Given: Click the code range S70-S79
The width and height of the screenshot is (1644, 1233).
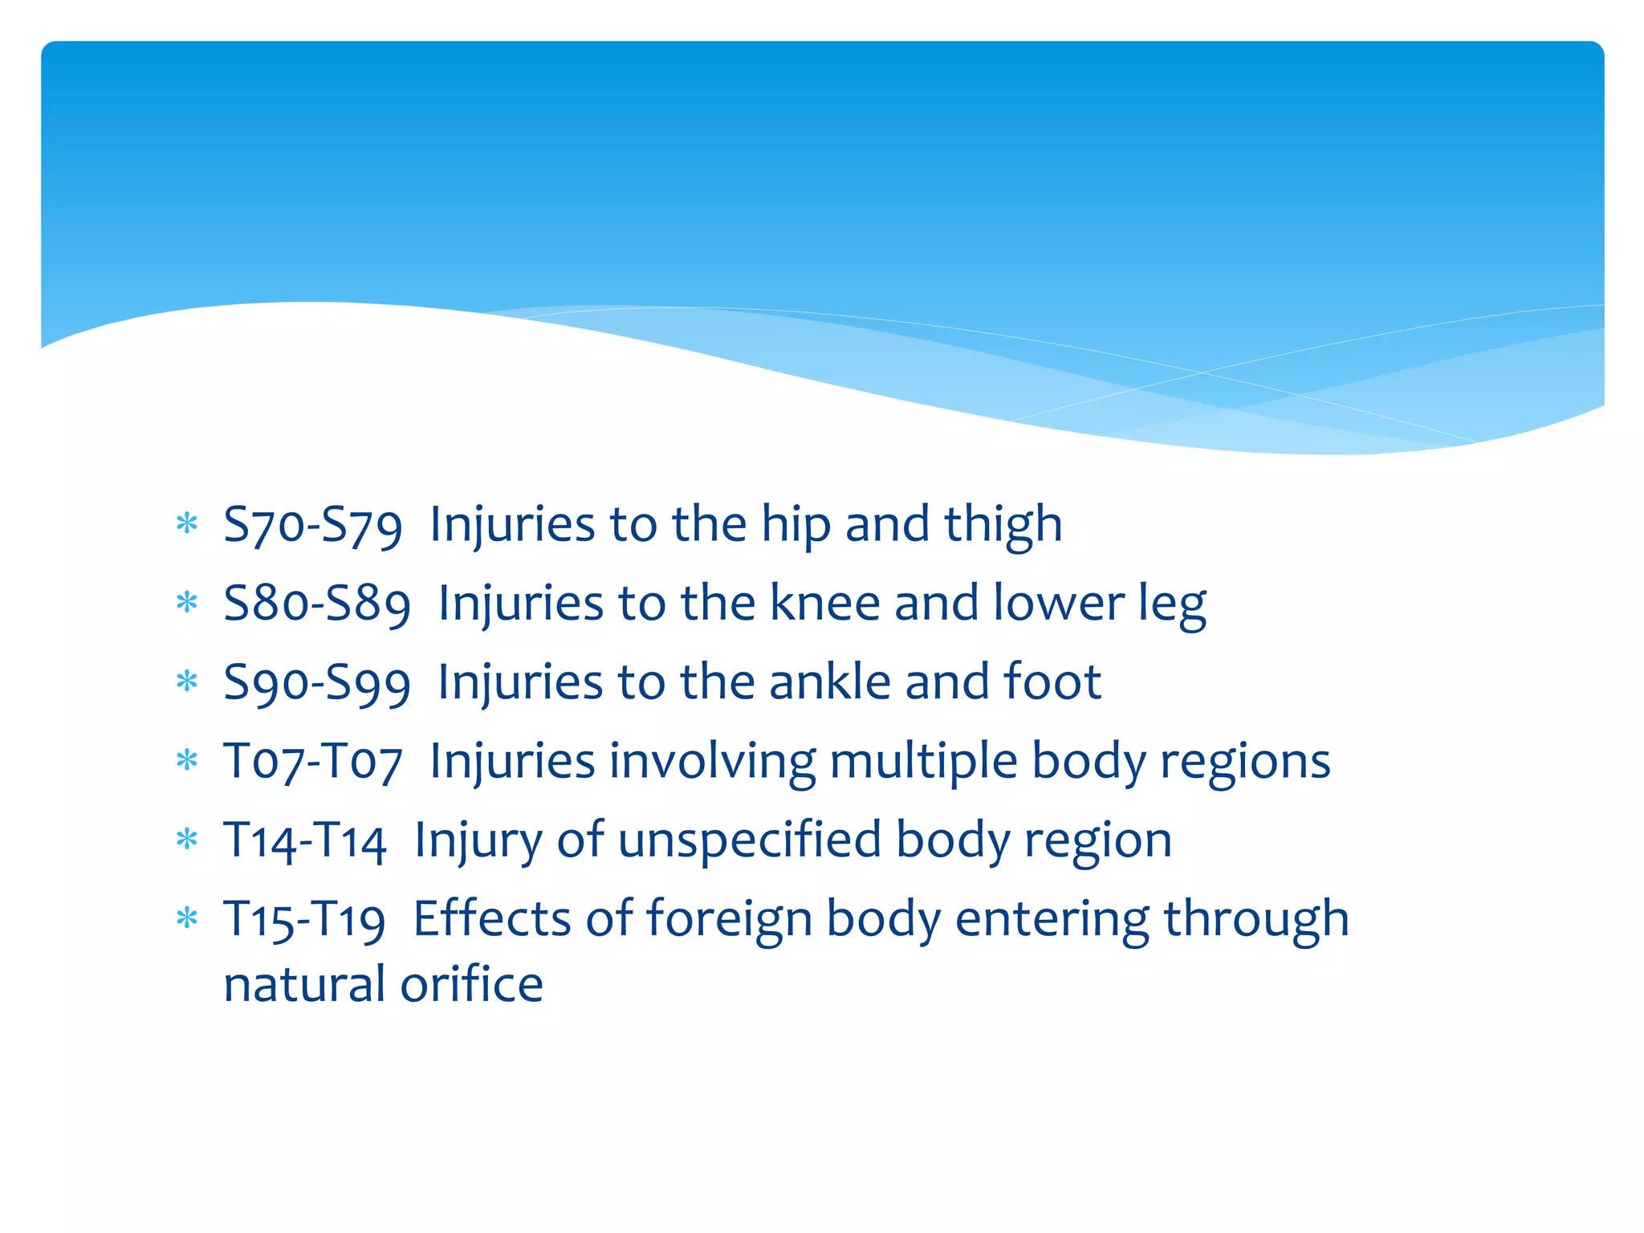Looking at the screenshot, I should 312,525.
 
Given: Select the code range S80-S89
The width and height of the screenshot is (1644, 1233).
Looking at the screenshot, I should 317,604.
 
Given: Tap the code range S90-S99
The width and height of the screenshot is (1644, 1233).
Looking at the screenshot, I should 317,683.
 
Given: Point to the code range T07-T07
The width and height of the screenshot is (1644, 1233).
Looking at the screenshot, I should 312,762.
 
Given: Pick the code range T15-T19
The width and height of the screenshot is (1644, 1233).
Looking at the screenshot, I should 304,920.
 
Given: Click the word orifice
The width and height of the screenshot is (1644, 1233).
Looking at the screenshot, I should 471,984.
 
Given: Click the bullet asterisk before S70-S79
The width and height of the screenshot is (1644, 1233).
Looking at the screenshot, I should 187,525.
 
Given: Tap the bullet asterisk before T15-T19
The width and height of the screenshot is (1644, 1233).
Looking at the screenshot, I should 187,918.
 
